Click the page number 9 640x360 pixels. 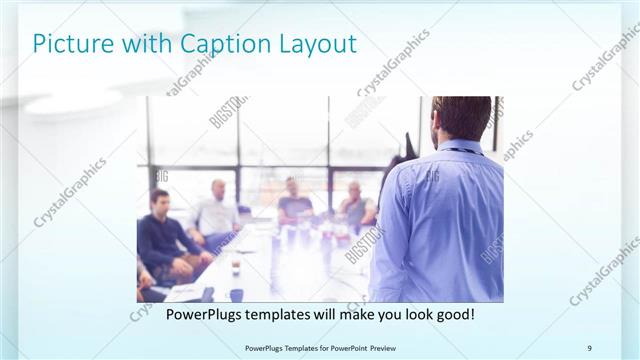tap(589, 348)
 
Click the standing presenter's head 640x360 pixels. tap(463, 118)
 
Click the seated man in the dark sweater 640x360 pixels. tap(160, 235)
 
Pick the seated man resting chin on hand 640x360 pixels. tap(354, 205)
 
